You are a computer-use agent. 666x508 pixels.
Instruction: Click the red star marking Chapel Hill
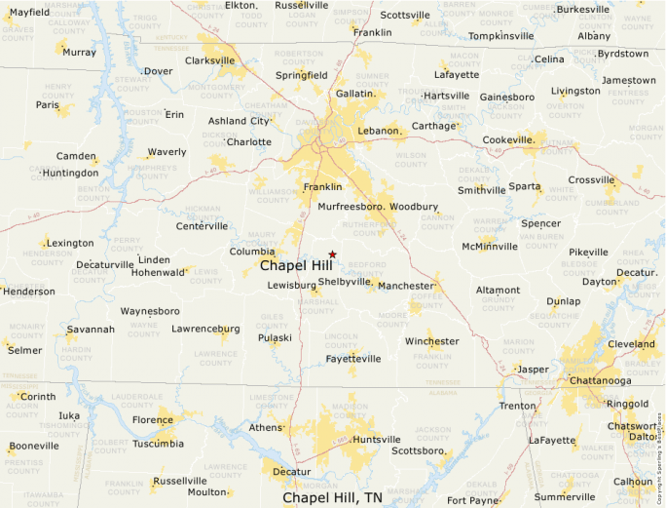tap(332, 254)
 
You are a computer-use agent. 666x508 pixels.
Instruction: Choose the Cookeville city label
tap(508, 139)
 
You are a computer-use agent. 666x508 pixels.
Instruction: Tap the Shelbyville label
tap(345, 282)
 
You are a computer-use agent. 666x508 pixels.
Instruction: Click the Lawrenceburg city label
tap(205, 329)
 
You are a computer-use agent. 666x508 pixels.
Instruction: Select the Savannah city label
tap(91, 329)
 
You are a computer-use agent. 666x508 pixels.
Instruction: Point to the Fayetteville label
tap(353, 359)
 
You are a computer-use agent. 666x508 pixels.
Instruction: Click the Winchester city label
tap(431, 341)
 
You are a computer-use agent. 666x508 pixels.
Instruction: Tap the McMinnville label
tap(490, 246)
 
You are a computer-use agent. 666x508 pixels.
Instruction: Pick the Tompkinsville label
tap(500, 36)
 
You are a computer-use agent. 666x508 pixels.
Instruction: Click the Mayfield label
tap(29, 12)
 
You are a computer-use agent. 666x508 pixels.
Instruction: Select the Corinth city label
tap(38, 397)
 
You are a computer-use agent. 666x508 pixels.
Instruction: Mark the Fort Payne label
tap(470, 500)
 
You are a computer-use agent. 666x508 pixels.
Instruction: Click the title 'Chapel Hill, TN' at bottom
tap(332, 497)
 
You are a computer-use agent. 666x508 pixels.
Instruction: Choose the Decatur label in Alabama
tap(291, 472)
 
